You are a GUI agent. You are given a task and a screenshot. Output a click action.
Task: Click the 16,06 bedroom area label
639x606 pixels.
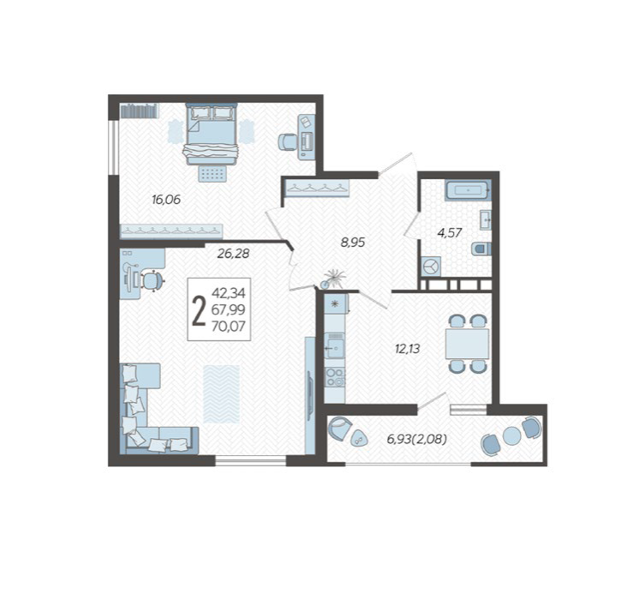point(166,200)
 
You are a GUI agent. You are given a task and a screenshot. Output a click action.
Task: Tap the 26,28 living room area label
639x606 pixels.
point(233,254)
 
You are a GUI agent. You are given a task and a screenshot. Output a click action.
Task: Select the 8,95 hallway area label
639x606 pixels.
point(353,243)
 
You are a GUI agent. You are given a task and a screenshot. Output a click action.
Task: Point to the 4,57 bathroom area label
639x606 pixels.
point(450,233)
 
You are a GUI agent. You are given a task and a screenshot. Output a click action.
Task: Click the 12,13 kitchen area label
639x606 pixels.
point(407,349)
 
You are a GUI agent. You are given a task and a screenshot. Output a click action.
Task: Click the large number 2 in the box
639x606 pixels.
point(199,311)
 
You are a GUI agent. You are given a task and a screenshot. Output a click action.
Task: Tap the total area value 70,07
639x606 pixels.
point(228,327)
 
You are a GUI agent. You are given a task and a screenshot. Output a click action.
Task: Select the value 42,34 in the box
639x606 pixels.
point(228,293)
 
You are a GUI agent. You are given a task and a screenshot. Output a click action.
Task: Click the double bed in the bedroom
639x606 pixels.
point(212,135)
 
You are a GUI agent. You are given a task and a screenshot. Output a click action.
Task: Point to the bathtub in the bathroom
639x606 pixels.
point(468,190)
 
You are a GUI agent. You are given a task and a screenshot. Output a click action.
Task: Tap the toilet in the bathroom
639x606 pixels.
point(481,249)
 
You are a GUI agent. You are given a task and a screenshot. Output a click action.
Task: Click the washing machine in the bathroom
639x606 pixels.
point(431,267)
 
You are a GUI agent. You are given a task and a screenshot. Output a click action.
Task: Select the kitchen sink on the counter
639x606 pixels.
point(335,345)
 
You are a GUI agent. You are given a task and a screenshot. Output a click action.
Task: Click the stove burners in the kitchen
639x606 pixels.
point(335,377)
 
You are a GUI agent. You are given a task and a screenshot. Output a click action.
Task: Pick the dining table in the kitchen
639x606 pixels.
point(467,344)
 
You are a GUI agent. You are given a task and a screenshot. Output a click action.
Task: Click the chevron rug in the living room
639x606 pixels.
point(221,394)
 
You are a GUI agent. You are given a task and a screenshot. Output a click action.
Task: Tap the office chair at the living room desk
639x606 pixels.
point(152,280)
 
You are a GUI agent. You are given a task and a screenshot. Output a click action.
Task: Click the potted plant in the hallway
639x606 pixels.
point(333,279)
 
